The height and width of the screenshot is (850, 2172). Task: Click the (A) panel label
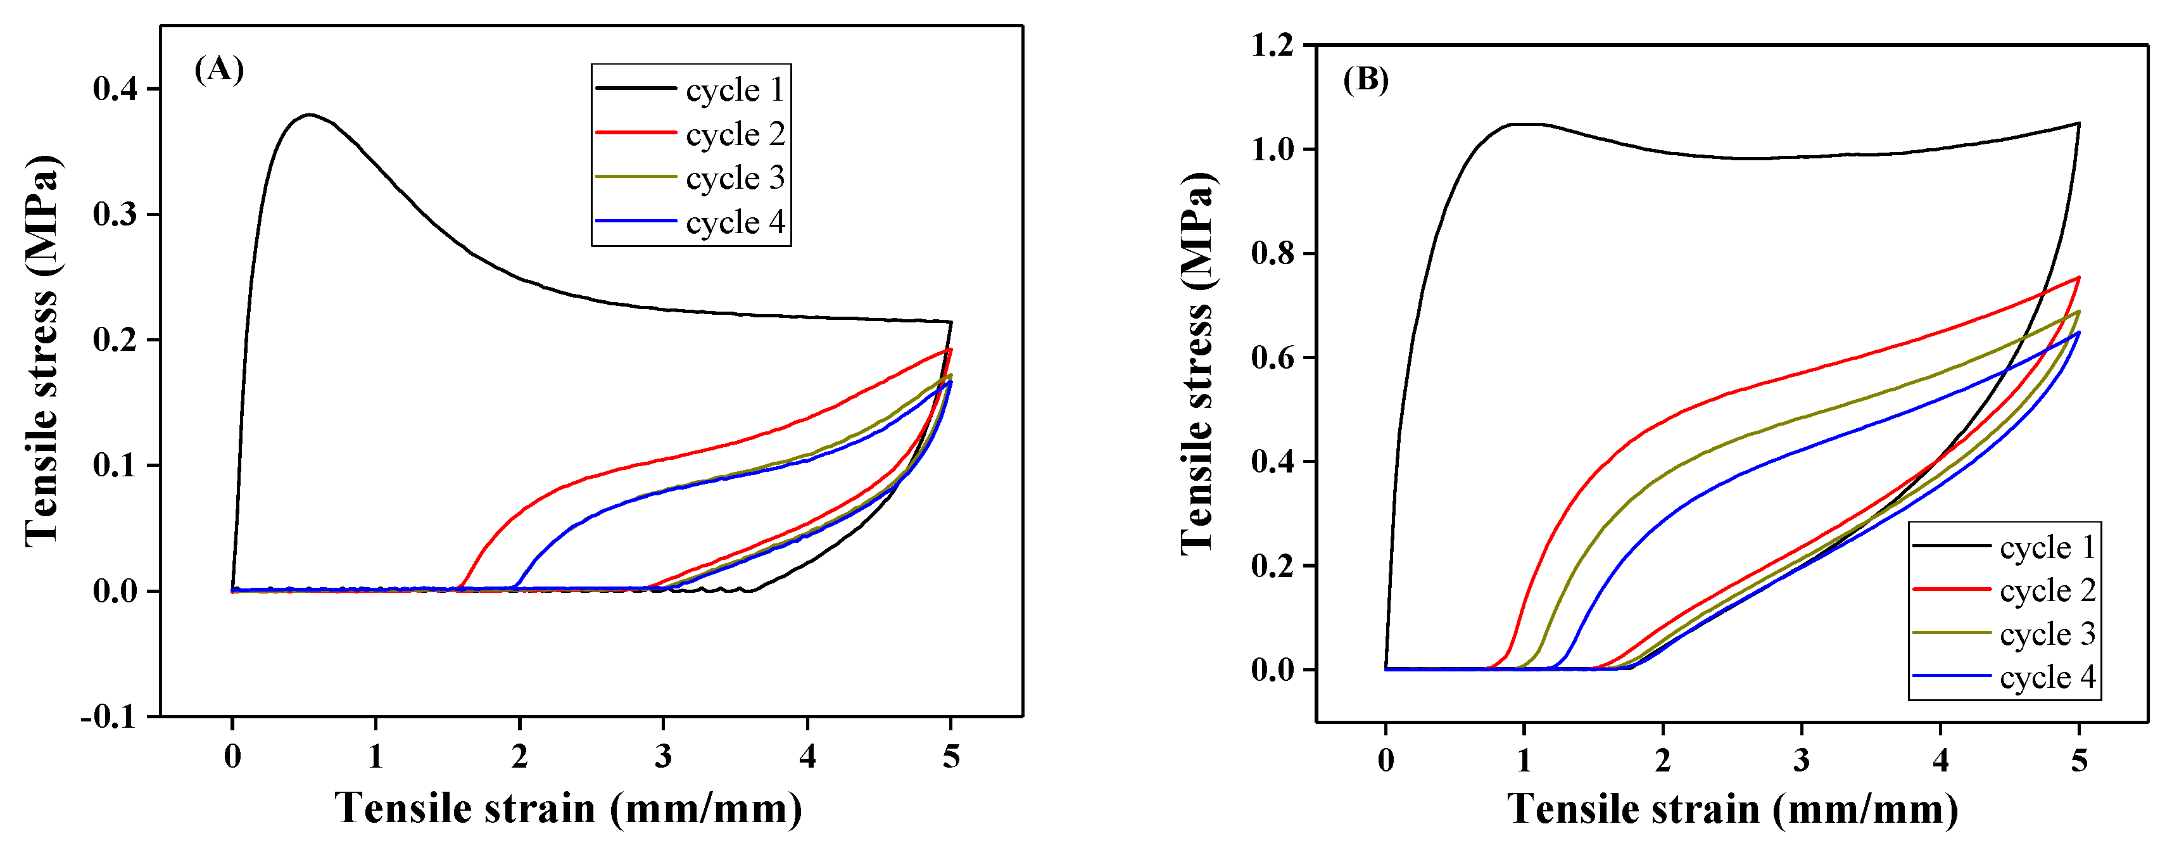coord(219,69)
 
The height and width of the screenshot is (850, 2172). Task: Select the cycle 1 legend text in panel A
coord(735,89)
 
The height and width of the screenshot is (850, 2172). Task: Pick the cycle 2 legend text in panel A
coord(735,134)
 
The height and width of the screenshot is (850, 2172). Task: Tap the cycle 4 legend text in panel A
coord(735,222)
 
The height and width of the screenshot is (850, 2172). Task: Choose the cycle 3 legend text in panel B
coord(2047,634)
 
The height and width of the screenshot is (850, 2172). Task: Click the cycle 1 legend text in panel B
coord(2047,547)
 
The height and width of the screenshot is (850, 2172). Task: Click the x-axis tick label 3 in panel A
coord(664,756)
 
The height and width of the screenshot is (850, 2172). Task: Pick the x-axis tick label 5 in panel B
coord(2080,761)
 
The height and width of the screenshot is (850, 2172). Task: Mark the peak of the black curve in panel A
coord(310,115)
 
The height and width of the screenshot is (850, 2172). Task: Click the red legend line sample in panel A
coord(636,132)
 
